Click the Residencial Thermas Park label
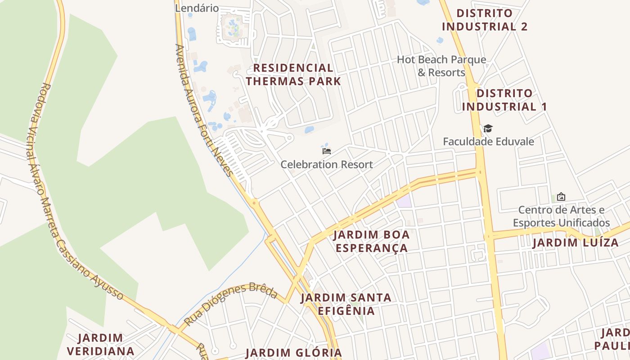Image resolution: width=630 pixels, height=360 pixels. pos(293,75)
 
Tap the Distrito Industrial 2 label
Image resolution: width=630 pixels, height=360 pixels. pos(484,20)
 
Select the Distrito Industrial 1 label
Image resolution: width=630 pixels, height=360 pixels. pos(504,100)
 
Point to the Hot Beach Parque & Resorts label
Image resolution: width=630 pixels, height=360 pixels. pos(441,66)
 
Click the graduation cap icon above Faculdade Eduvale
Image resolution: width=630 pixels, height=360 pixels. pos(488,129)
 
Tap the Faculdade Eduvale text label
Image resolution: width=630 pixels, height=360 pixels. pos(488,142)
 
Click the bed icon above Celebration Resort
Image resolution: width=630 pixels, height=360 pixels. pos(327,151)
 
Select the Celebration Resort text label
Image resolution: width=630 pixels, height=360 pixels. pos(327,165)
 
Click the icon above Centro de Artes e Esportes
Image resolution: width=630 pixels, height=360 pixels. pos(561,197)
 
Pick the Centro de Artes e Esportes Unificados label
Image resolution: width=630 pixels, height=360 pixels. pos(561,216)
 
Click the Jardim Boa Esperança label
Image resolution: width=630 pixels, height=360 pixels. pos(372,241)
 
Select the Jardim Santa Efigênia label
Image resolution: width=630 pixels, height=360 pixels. pos(346,304)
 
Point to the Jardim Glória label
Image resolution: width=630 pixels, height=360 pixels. pos(293,353)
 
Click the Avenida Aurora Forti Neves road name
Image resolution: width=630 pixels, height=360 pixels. pos(203,110)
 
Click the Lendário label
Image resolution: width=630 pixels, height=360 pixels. pos(197,8)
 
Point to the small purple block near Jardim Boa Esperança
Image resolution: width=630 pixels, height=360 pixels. pos(404,201)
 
